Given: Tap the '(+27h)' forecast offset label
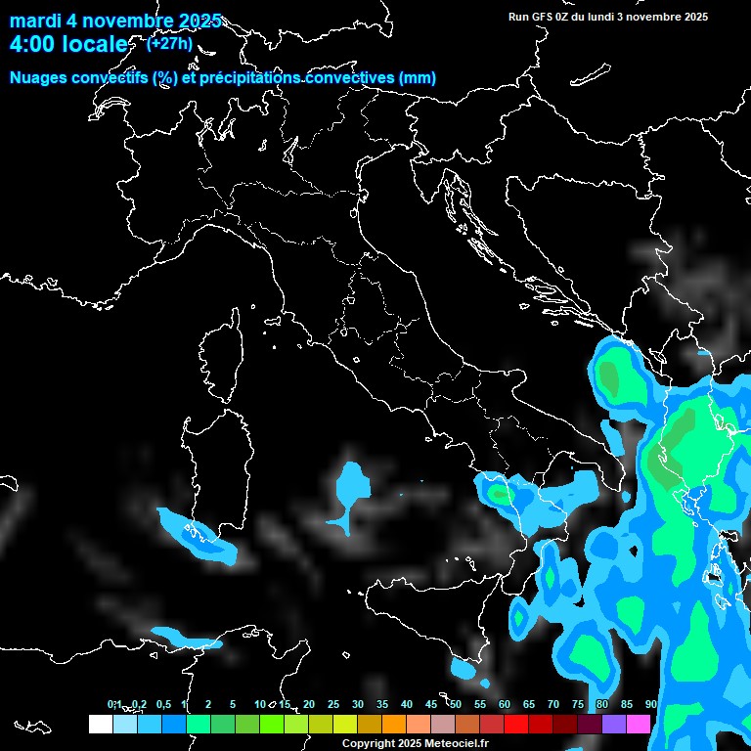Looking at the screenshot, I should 169,43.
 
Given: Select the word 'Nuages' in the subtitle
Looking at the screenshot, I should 39,78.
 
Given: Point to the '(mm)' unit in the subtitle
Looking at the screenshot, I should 417,78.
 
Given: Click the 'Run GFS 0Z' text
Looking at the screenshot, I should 540,17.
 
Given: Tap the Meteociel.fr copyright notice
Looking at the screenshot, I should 415,744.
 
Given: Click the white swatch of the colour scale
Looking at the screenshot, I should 100,725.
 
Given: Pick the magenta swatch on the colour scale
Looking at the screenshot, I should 639,725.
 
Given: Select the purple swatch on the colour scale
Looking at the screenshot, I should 614,725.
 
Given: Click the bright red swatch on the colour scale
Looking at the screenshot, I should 516,725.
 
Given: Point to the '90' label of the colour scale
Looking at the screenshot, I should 651,704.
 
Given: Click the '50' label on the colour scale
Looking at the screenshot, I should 456,704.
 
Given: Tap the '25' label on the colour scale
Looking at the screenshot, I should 333,704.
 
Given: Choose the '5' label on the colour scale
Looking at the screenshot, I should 233,704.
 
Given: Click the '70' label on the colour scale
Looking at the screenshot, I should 553,704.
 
